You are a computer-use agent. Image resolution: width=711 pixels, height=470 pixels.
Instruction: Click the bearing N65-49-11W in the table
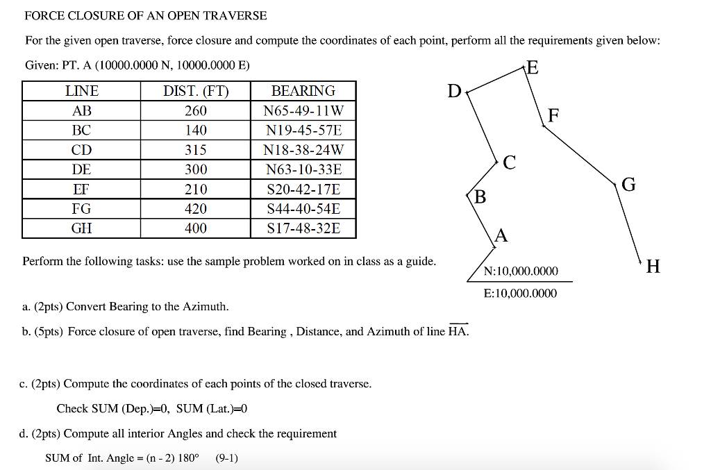303,110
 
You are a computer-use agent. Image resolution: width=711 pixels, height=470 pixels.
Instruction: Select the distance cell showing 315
196,149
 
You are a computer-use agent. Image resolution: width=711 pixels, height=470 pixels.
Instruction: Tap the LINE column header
81,91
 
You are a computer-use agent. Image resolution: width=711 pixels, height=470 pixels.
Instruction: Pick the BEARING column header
303,91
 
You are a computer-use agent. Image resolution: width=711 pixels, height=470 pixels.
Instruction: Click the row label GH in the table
81,228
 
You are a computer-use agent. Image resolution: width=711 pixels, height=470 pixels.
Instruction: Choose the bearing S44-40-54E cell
303,208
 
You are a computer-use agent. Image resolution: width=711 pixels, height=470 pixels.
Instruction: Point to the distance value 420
196,208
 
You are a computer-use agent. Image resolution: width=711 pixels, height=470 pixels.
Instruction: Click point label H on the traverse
653,266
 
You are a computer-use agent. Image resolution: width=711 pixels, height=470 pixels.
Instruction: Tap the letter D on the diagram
454,91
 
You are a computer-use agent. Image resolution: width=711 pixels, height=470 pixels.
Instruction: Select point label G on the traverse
628,184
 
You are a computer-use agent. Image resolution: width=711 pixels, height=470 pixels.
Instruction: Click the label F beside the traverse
553,115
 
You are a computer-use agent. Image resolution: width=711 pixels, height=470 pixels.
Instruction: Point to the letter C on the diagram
510,164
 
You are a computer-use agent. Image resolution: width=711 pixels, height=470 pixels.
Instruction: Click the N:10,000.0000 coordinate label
521,271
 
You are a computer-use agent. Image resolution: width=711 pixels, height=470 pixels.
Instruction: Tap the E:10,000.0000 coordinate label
521,294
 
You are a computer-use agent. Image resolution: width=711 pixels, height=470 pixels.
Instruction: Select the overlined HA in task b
458,331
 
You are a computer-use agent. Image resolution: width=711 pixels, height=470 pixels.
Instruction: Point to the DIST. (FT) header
196,91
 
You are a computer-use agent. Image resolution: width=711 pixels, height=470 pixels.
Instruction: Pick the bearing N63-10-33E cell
303,169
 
